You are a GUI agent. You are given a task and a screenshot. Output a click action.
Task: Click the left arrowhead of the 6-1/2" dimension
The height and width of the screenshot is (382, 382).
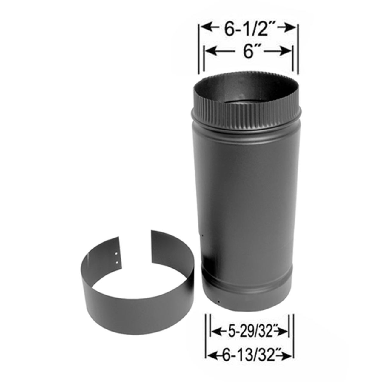[204, 28]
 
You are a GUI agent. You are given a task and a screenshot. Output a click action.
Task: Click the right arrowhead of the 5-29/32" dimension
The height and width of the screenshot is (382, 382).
[285, 331]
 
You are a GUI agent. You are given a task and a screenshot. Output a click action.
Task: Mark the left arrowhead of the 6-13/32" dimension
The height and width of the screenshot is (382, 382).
[210, 355]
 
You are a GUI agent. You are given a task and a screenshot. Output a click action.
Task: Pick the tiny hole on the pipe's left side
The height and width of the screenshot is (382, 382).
[202, 235]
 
